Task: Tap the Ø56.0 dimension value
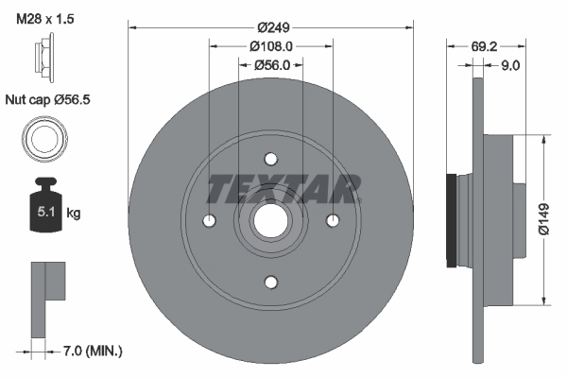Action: [270, 64]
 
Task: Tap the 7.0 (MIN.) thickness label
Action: [91, 352]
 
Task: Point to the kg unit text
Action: [74, 214]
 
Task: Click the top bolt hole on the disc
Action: [270, 158]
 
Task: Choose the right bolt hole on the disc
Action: [332, 220]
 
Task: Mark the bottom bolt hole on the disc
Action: [270, 281]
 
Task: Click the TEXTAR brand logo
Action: [283, 189]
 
